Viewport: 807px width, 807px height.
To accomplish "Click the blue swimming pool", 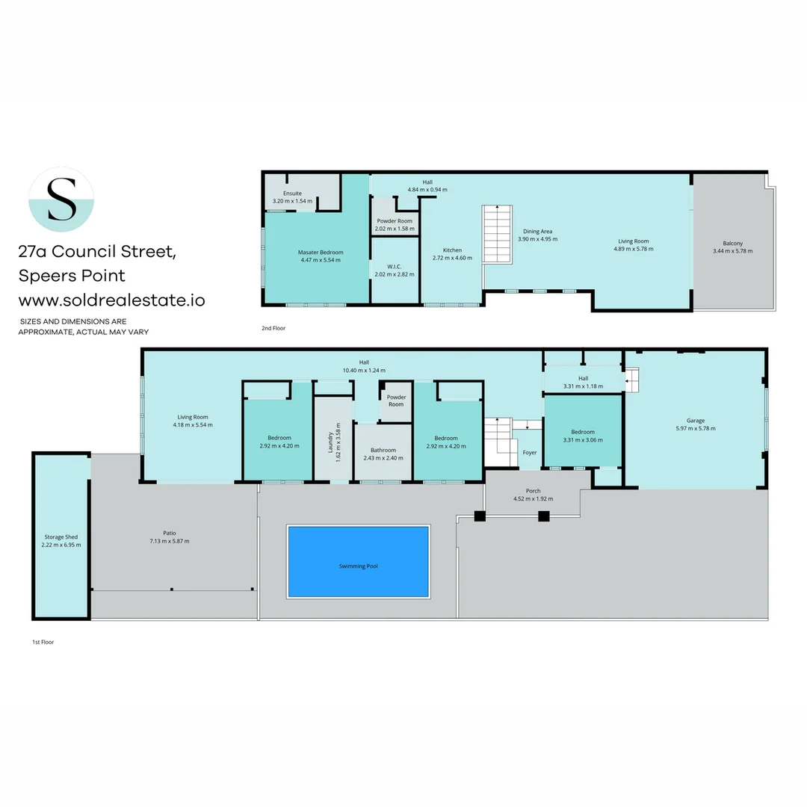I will point(359,561).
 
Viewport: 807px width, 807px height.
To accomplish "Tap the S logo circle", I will point(61,199).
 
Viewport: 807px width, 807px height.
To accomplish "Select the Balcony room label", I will point(732,243).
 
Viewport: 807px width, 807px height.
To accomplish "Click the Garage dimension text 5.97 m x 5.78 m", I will point(696,429).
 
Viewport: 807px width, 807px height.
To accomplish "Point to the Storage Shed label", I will point(61,537).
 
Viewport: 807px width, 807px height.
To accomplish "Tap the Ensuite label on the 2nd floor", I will point(292,194).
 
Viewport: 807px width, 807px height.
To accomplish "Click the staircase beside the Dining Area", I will point(497,233).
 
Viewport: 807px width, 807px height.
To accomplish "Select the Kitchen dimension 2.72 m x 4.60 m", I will point(452,259).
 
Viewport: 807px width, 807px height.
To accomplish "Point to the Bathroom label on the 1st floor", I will point(383,450).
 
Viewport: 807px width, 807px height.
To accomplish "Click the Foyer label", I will point(530,453).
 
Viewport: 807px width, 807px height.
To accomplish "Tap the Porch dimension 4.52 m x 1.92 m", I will point(533,499).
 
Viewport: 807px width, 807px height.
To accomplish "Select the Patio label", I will point(170,533).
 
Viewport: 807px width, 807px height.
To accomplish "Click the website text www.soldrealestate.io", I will point(112,300).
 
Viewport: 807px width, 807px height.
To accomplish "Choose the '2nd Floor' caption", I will point(273,328).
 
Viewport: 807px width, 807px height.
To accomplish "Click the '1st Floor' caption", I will point(43,642).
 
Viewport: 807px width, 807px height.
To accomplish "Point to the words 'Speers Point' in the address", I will point(72,276).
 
